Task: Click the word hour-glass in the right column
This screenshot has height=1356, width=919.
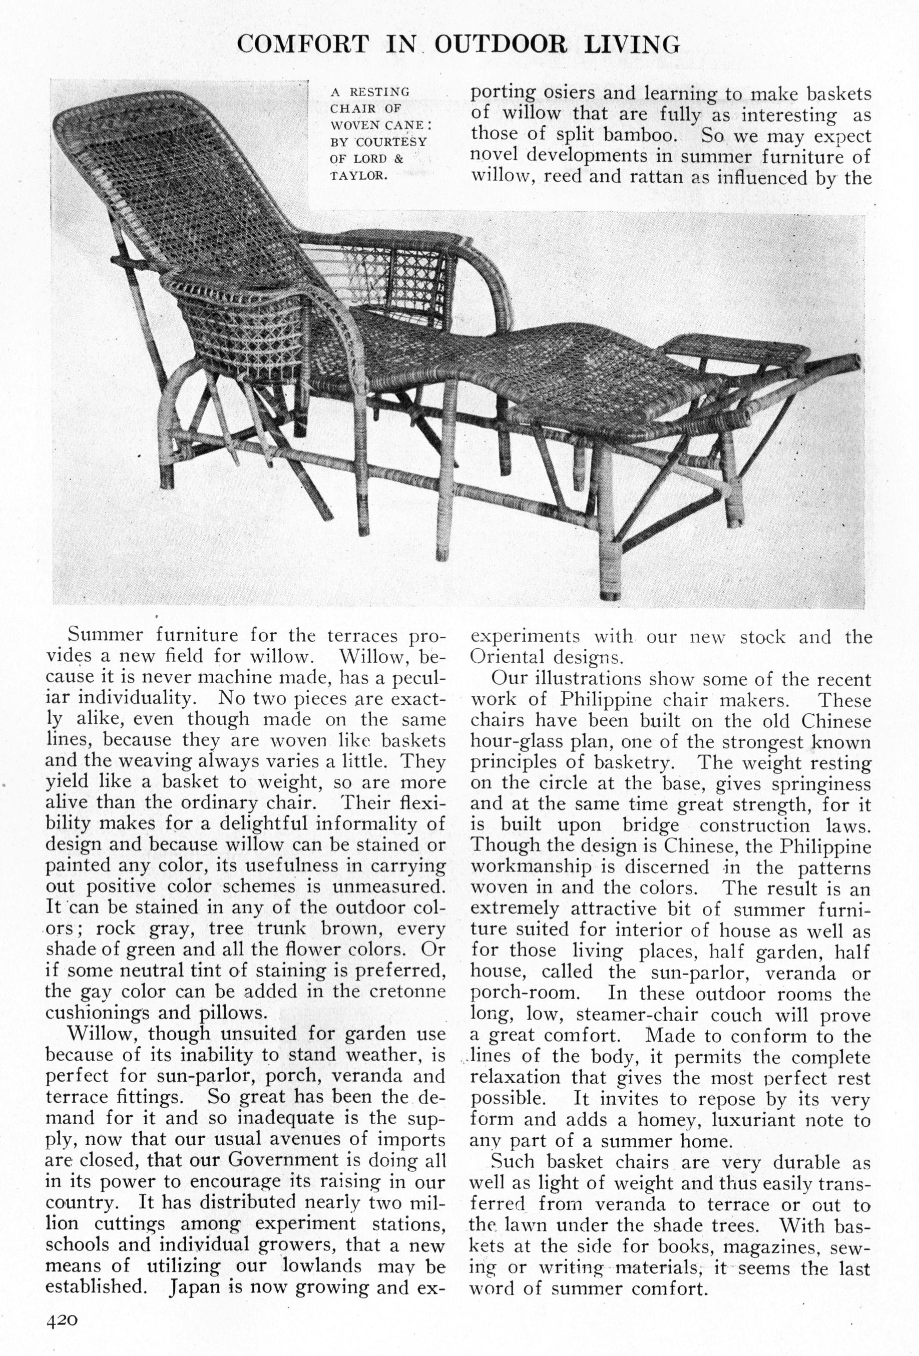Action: [513, 742]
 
